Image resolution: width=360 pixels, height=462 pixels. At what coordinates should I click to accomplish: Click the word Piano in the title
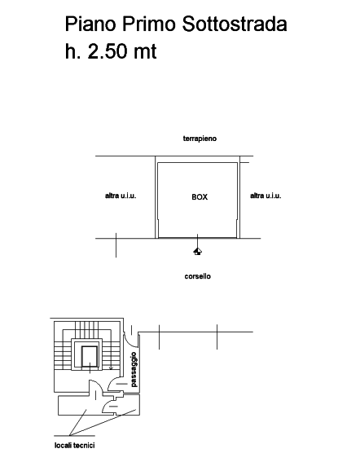point(90,24)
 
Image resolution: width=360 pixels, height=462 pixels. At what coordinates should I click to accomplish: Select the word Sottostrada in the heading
point(235,24)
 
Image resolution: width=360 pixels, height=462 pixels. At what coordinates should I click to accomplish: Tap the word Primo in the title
point(149,24)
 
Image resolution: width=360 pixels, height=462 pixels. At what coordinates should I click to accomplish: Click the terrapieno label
point(200,139)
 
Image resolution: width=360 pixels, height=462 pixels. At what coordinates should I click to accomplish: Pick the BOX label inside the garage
point(200,197)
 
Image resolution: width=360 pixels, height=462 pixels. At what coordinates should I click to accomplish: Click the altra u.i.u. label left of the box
point(121,196)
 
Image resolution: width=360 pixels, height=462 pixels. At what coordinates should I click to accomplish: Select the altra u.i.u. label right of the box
point(266,196)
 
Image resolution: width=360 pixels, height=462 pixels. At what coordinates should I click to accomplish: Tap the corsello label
point(198,276)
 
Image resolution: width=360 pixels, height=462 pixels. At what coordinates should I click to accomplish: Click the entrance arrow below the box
point(198,251)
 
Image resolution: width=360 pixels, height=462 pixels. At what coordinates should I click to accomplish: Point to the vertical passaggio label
point(134,369)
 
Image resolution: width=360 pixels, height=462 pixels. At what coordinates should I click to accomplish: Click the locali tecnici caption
point(75,445)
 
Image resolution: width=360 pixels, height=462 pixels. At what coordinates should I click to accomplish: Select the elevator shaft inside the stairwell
point(90,357)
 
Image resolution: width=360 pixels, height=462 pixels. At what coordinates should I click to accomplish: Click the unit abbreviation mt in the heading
point(145,52)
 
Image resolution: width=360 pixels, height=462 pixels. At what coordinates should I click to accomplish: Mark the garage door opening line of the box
point(197,238)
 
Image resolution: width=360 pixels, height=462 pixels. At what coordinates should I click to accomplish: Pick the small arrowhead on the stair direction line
point(111,367)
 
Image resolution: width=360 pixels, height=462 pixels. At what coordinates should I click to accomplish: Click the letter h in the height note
point(71,51)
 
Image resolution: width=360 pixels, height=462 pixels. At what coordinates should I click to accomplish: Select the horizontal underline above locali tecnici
point(75,435)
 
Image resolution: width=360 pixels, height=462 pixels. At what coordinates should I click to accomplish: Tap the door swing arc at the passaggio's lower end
point(113,383)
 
